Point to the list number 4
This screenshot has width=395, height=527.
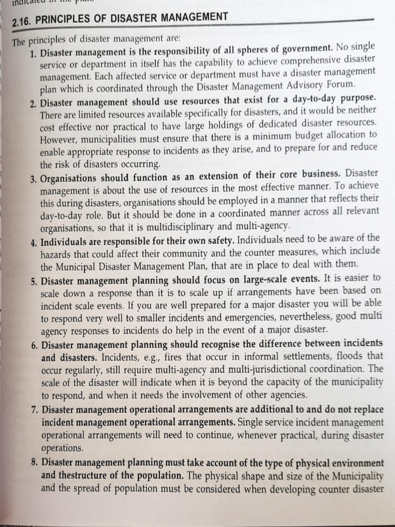tap(34, 242)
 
